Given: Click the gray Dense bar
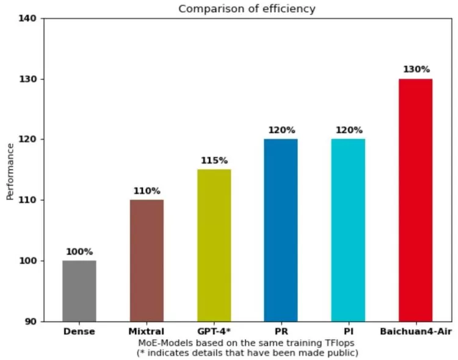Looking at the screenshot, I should (79, 290).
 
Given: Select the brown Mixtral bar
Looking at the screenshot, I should (147, 260).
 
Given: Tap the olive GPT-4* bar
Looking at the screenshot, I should (214, 245).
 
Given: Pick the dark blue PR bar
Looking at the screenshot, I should (281, 229).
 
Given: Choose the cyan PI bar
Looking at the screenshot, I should (348, 229).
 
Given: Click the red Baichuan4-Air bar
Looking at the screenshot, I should (415, 200).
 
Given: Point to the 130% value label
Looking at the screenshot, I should (415, 70).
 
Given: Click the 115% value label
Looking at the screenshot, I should (214, 160).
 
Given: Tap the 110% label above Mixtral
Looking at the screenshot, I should (147, 191).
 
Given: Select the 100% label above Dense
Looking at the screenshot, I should (79, 251).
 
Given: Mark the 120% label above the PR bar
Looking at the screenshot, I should (281, 130).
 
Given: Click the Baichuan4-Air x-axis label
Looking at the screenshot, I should (415, 332).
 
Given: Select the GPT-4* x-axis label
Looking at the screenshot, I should (214, 332).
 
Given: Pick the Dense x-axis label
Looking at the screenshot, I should (79, 332).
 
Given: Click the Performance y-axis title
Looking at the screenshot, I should (10, 171).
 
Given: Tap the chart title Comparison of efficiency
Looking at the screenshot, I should (247, 9).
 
